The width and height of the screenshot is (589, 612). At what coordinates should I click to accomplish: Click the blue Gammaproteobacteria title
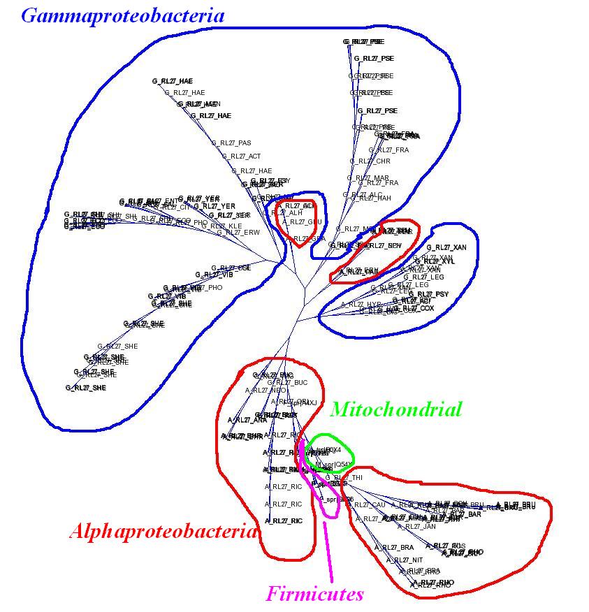(123, 16)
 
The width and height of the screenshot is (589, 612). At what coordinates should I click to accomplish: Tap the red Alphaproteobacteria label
(162, 532)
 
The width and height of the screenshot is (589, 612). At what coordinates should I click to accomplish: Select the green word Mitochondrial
(395, 409)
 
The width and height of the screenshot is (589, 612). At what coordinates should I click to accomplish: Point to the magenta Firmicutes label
(314, 595)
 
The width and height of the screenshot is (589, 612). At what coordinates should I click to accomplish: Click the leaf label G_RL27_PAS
(231, 143)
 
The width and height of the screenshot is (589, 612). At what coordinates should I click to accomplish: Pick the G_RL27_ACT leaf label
(241, 156)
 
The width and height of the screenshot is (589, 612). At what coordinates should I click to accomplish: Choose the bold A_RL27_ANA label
(247, 420)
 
